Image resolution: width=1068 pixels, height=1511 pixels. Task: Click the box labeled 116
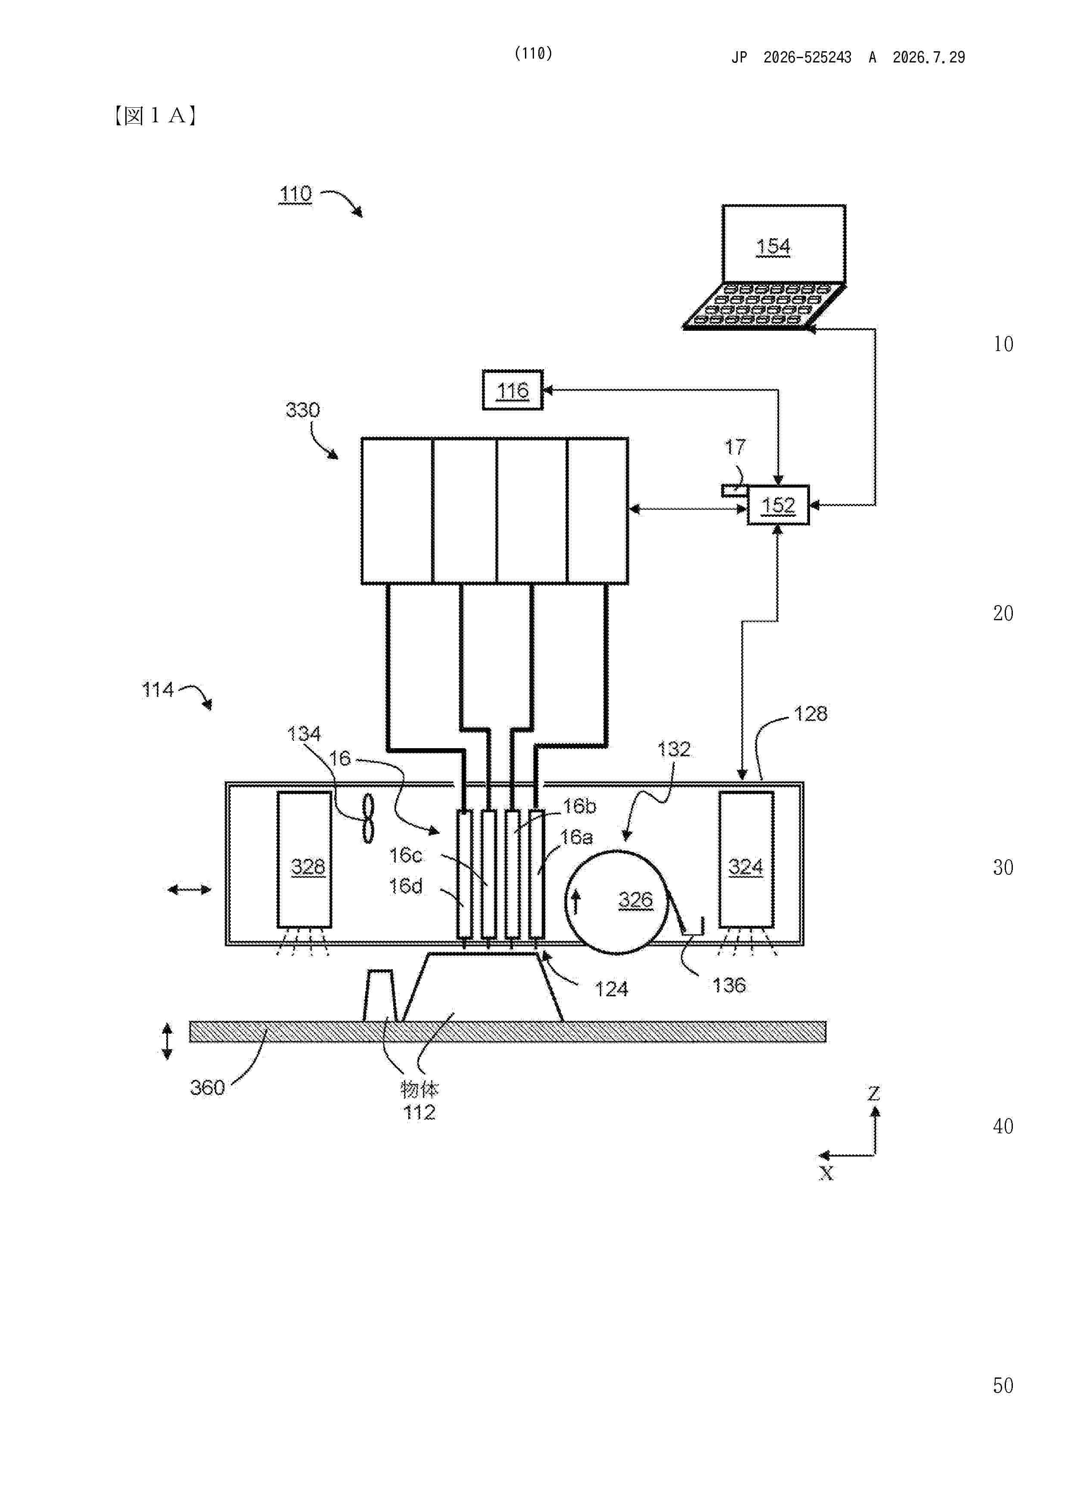512,390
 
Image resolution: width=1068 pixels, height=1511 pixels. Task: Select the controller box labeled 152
779,505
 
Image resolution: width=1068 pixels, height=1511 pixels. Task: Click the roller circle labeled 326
617,902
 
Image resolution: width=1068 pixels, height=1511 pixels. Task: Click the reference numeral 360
207,1087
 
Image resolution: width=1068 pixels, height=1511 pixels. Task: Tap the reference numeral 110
295,194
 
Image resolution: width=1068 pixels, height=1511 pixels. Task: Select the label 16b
579,806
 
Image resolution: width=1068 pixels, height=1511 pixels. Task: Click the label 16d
405,886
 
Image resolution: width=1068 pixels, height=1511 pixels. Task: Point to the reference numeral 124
612,989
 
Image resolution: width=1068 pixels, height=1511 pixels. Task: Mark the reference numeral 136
729,985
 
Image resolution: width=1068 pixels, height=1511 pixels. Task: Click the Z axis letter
874,1094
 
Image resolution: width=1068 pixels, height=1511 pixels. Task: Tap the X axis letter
826,1173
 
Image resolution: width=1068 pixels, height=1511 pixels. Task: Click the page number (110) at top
533,53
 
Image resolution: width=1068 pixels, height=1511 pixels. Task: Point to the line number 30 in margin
1003,867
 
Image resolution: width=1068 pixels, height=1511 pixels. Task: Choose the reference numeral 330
303,410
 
